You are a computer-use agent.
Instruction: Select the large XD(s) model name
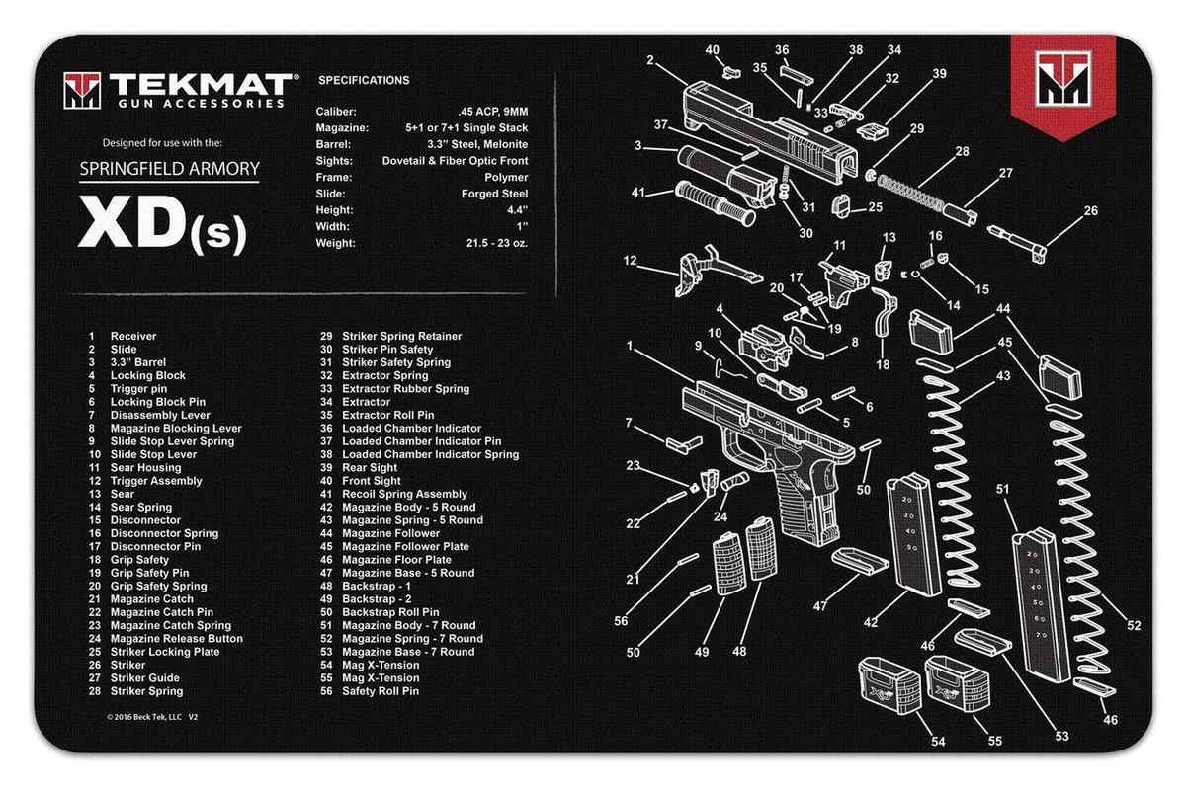(x=164, y=227)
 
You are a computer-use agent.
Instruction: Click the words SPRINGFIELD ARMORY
(x=169, y=168)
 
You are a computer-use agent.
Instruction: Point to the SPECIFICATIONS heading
(x=364, y=80)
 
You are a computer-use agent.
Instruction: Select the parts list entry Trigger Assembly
(x=155, y=481)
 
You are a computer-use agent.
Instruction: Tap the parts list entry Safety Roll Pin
(x=381, y=691)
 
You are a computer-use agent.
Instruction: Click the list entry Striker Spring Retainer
(x=401, y=337)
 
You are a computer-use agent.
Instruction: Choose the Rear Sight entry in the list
(x=370, y=468)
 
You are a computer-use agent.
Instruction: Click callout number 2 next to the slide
(x=650, y=60)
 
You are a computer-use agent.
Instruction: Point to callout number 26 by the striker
(x=1062, y=210)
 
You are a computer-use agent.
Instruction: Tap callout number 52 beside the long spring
(x=1133, y=625)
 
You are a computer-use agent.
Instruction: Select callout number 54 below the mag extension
(x=937, y=742)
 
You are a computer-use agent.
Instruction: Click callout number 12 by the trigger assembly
(x=630, y=261)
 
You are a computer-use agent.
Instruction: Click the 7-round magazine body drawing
(x=1043, y=602)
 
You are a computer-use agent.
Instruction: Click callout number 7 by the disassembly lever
(x=629, y=423)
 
